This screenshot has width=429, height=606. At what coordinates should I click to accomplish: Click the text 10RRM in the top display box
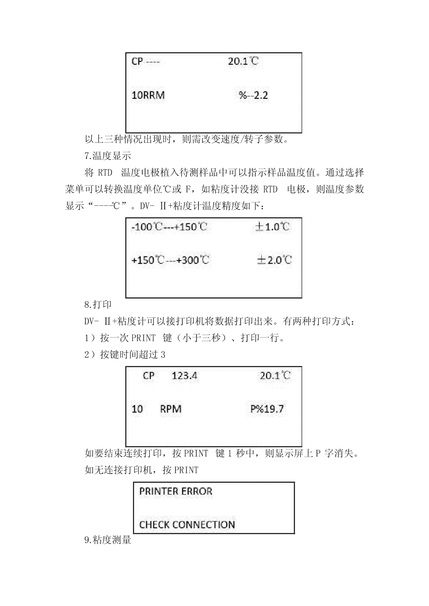tap(148, 95)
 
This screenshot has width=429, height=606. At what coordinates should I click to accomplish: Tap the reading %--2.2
tap(253, 95)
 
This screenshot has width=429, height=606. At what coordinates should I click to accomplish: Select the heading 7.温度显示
tap(108, 156)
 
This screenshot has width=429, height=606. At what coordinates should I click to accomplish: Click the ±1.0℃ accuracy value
tap(272, 227)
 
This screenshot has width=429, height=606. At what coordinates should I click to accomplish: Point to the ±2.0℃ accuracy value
tap(274, 260)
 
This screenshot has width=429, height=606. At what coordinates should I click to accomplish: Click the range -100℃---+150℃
tap(169, 227)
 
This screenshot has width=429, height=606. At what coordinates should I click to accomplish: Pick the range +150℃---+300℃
tap(170, 260)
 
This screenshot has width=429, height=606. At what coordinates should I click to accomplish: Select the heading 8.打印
tap(98, 305)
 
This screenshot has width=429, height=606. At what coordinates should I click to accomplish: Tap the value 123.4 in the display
tap(184, 376)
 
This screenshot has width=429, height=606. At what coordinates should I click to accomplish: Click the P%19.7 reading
tap(267, 409)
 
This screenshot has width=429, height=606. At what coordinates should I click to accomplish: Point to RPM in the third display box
tap(171, 409)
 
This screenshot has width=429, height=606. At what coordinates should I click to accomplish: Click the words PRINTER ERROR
tap(176, 491)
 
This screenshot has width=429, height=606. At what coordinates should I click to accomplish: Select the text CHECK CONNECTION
tap(187, 525)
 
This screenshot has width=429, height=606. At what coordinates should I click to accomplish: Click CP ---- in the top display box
tap(146, 62)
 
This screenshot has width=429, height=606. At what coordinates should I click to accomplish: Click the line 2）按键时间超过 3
tap(125, 354)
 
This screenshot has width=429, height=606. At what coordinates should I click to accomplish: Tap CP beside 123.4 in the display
tap(149, 376)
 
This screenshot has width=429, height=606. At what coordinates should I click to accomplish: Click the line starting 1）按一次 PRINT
tap(184, 338)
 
